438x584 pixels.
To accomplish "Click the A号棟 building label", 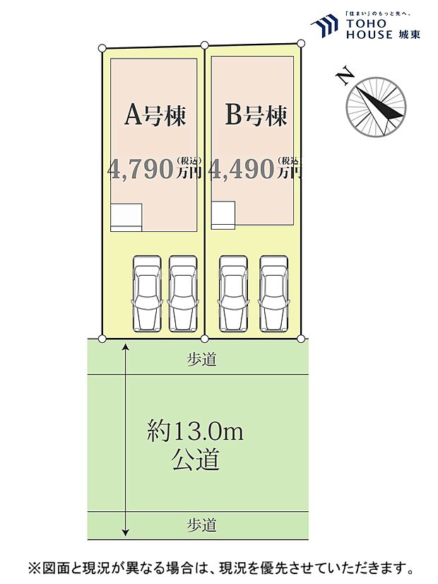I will [155, 115].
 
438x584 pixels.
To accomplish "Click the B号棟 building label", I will [256, 115].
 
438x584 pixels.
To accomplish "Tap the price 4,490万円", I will [256, 168].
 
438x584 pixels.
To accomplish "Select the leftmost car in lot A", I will [147, 293].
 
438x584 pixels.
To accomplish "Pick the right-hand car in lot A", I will [182, 293].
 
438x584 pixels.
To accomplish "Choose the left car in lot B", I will [233, 293].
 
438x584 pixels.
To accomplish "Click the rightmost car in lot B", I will [273, 293].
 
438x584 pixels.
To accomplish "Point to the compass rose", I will [376, 107].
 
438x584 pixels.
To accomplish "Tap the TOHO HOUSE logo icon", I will [324, 27].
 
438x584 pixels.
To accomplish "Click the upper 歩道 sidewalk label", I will [201, 360].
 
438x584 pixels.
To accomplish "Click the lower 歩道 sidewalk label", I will [201, 525].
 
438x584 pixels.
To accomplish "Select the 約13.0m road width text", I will [195, 431].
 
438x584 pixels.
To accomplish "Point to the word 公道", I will [195, 460].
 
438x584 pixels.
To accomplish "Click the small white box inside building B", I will [223, 215].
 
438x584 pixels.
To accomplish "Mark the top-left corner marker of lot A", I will [102, 48].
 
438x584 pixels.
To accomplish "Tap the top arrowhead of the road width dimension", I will [126, 346].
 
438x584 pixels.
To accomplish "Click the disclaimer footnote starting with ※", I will [220, 568].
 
